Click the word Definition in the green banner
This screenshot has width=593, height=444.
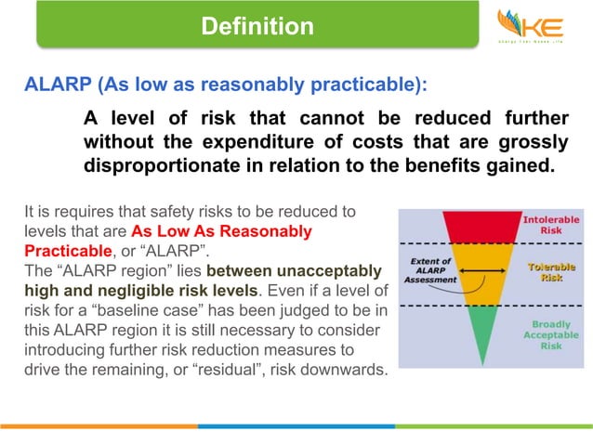tap(257, 27)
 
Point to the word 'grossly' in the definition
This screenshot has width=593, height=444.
tap(534, 144)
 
